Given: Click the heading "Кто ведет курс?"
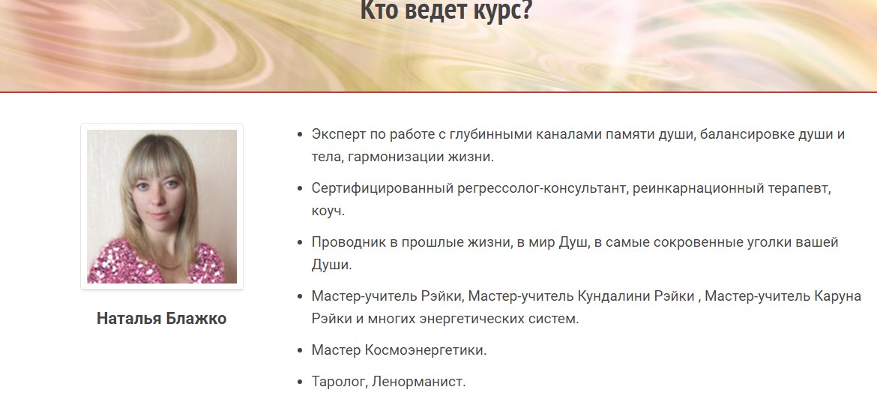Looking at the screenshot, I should point(445,10).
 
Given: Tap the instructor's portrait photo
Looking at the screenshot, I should point(162,206).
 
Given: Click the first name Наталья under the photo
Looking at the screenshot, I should point(130,319).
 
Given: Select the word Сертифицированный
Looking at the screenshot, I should point(382,189).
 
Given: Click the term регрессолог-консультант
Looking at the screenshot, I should point(541,189).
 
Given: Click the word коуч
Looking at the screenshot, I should point(328,211).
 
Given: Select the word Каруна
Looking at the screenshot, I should point(837,296).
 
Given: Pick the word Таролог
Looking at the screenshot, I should point(339,382).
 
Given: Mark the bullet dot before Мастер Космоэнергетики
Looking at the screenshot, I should point(300,351).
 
